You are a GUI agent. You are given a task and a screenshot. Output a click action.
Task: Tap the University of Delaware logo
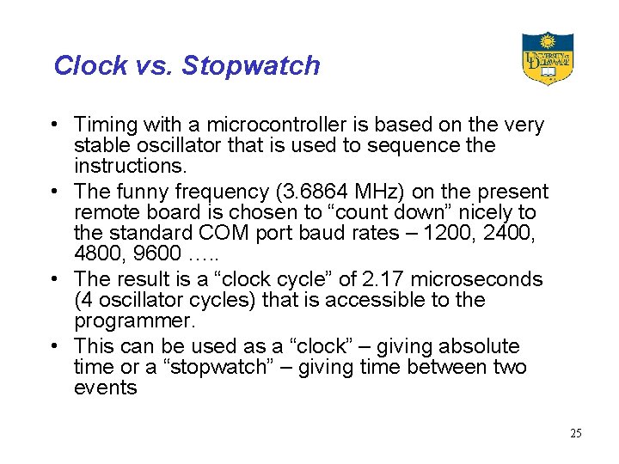tap(547, 58)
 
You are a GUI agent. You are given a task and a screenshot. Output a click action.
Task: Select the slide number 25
tap(575, 433)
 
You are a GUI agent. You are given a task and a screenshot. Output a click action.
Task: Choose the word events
tap(105, 388)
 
